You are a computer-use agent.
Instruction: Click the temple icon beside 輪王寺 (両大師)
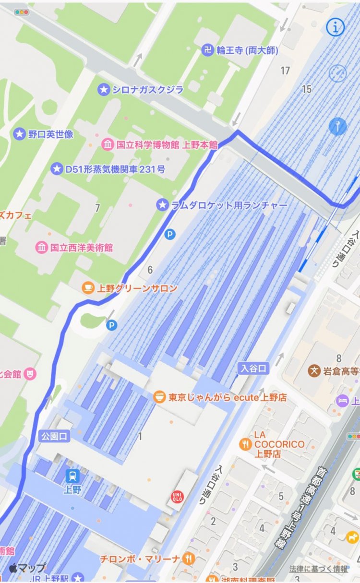[x=207, y=50]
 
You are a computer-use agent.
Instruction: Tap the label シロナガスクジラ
[x=148, y=89]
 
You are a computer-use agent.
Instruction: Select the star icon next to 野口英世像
[x=19, y=134]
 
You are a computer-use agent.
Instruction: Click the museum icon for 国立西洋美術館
[x=42, y=248]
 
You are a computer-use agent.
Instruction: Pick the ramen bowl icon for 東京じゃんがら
[x=159, y=397]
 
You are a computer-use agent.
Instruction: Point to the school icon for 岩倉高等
[x=314, y=370]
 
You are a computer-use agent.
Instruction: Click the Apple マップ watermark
[x=27, y=568]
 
